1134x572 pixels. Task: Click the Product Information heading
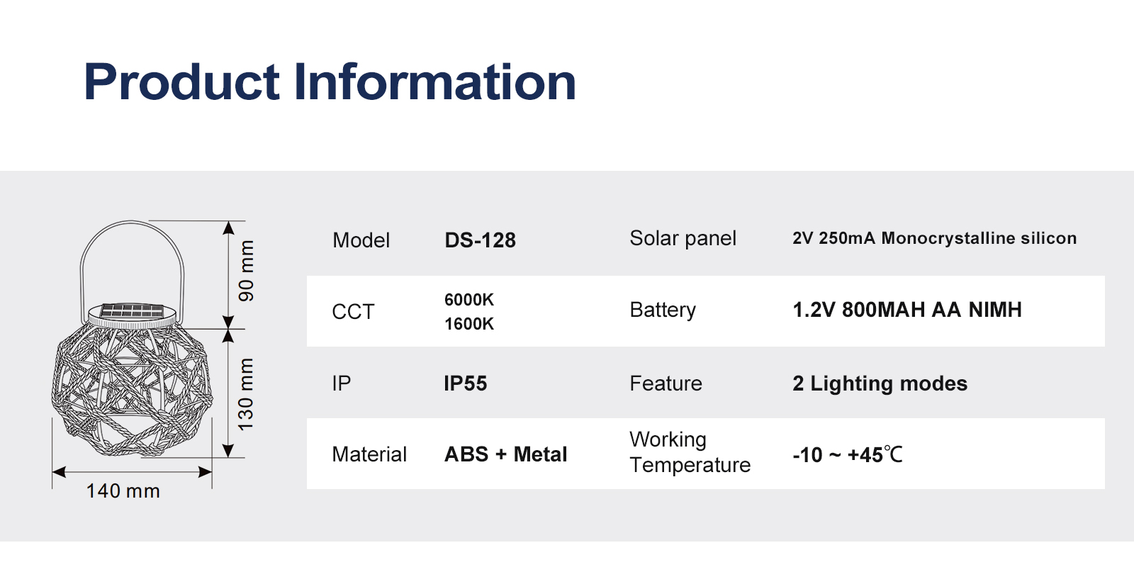click(330, 82)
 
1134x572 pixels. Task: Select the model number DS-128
click(480, 240)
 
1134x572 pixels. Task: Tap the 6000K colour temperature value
click(468, 300)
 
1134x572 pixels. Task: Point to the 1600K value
click(468, 324)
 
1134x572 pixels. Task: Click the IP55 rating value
click(465, 383)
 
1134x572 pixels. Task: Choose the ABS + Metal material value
click(506, 454)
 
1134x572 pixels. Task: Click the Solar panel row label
click(683, 238)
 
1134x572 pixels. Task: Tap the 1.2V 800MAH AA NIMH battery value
click(907, 310)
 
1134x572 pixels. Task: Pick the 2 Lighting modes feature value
click(880, 383)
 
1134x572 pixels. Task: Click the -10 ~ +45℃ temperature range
click(848, 454)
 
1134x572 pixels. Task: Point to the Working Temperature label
click(690, 452)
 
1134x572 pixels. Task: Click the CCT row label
click(353, 312)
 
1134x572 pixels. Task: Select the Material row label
click(369, 454)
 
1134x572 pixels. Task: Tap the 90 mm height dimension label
click(246, 271)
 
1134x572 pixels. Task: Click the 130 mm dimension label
click(245, 394)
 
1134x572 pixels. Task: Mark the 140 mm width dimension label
click(123, 491)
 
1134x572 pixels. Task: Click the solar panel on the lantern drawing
click(132, 310)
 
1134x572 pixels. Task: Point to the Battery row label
click(663, 310)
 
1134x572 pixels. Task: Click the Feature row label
click(666, 383)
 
